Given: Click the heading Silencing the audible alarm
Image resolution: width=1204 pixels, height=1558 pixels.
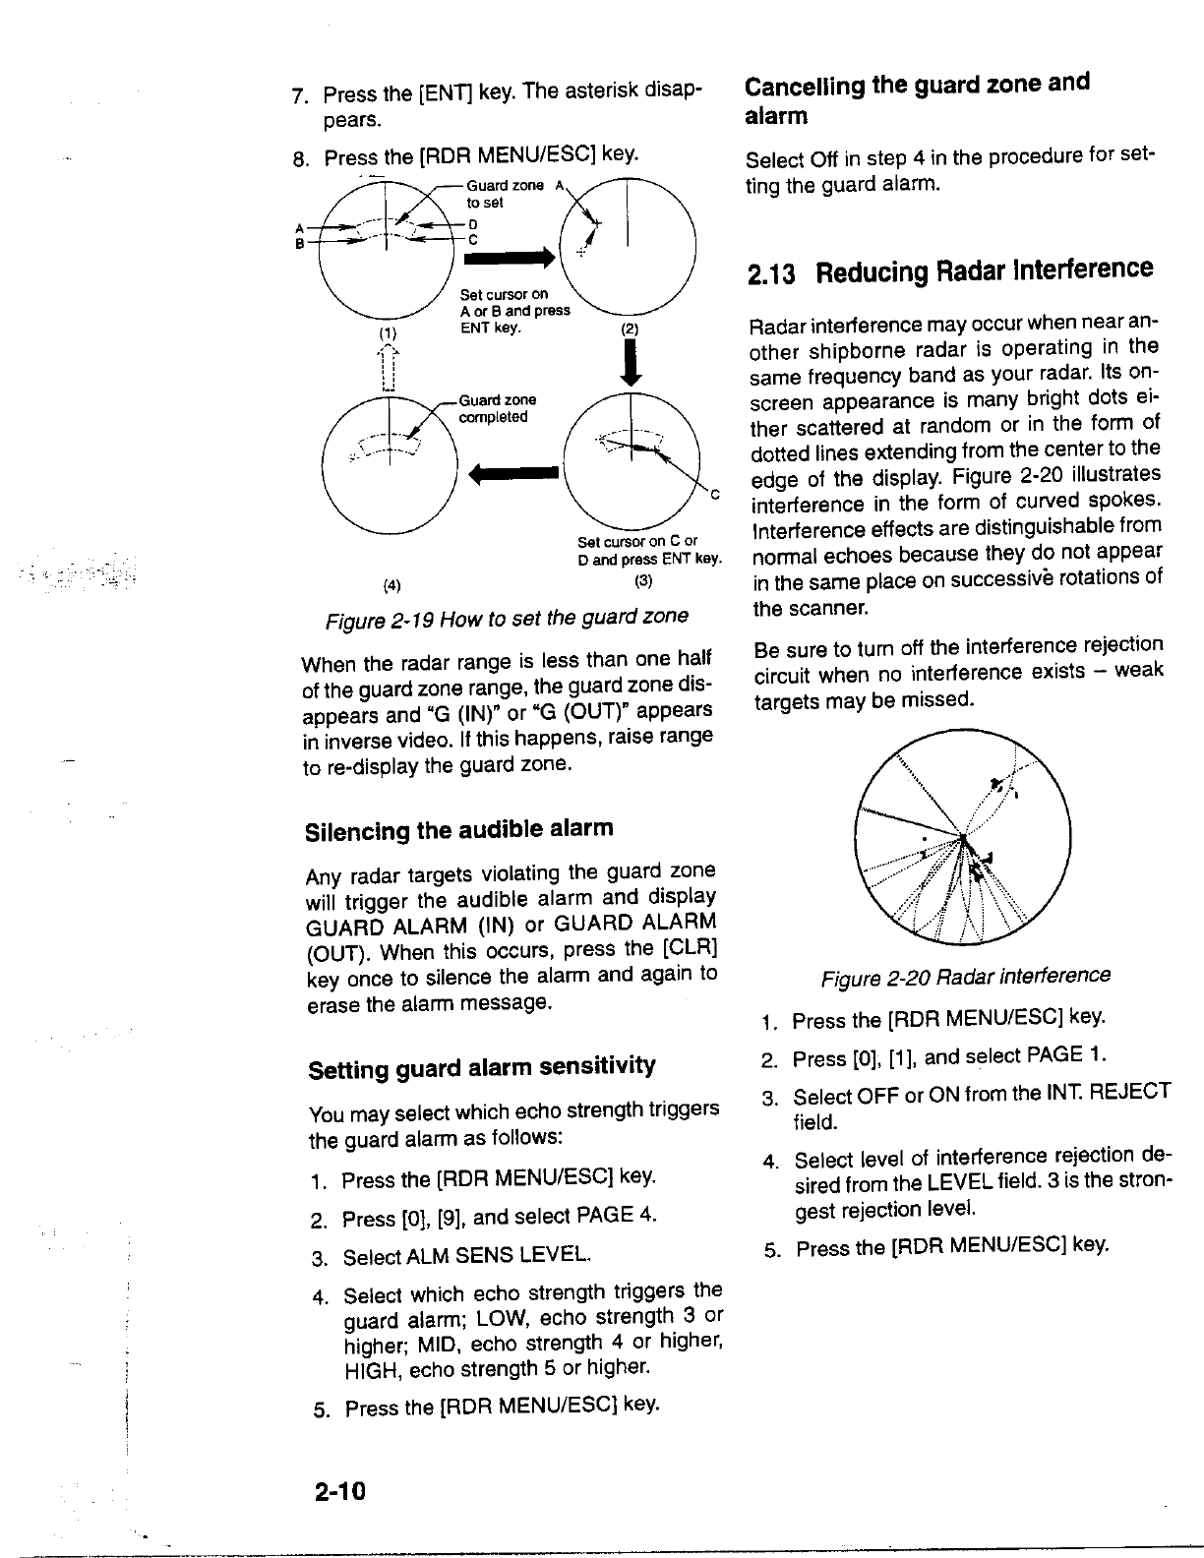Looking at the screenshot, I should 459,829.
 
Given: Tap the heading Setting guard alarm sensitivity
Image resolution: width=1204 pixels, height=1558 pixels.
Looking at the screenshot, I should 482,1066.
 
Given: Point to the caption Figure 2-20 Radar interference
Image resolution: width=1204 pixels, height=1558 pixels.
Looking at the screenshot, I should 965,976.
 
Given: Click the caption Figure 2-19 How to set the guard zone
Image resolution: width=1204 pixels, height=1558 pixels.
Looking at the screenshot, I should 507,617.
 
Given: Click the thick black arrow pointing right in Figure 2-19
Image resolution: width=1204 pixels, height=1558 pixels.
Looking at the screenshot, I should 512,258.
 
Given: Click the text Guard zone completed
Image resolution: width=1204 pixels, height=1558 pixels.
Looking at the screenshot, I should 498,408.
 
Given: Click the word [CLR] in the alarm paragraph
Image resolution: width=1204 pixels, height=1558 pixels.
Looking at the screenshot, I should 691,949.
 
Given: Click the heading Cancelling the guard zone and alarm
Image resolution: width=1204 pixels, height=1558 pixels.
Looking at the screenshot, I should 917,98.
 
